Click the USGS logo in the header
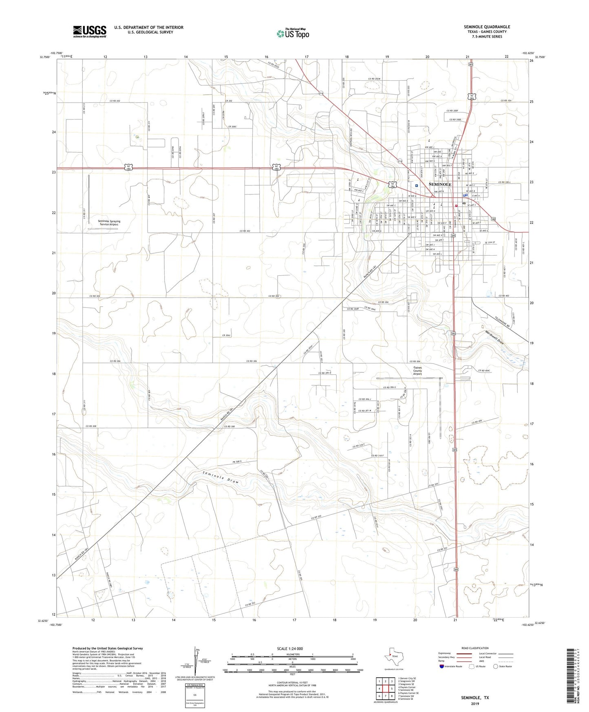90,31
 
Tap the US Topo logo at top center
292,33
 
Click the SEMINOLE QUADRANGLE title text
487,27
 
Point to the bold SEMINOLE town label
440,184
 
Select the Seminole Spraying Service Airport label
109,223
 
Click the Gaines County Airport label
418,371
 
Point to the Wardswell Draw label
494,337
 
